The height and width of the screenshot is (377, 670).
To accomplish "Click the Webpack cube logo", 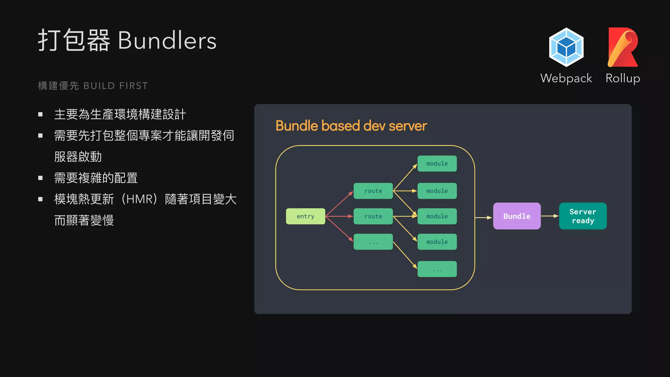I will [x=566, y=47].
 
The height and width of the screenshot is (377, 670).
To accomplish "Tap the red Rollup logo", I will [x=622, y=47].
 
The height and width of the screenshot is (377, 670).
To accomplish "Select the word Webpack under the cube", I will [x=566, y=79].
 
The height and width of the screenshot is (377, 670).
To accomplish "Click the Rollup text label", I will [x=623, y=79].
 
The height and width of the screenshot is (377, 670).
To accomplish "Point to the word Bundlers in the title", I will [x=167, y=41].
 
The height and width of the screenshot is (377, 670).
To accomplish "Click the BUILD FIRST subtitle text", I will [x=115, y=86].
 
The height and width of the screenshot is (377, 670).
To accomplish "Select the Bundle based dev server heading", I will [x=351, y=126].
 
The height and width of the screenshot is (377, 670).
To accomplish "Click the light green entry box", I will [x=305, y=216].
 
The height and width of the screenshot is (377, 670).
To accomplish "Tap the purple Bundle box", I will [x=517, y=216].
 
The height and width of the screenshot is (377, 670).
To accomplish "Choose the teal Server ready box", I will [x=583, y=216].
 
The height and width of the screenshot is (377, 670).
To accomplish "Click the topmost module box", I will [x=437, y=164].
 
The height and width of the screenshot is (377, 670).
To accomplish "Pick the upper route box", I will [x=373, y=191].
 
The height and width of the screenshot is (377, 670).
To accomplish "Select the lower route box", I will [x=373, y=216].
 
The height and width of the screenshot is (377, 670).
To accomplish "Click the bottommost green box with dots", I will [x=437, y=269].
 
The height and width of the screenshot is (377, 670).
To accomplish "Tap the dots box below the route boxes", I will [x=373, y=242].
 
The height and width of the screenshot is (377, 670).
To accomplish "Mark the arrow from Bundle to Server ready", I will [x=550, y=216].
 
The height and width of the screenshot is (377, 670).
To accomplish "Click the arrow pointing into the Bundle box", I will [x=484, y=217].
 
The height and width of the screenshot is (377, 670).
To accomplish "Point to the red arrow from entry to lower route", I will [x=340, y=216].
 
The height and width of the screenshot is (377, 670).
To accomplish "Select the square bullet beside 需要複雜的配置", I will [x=41, y=178].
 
